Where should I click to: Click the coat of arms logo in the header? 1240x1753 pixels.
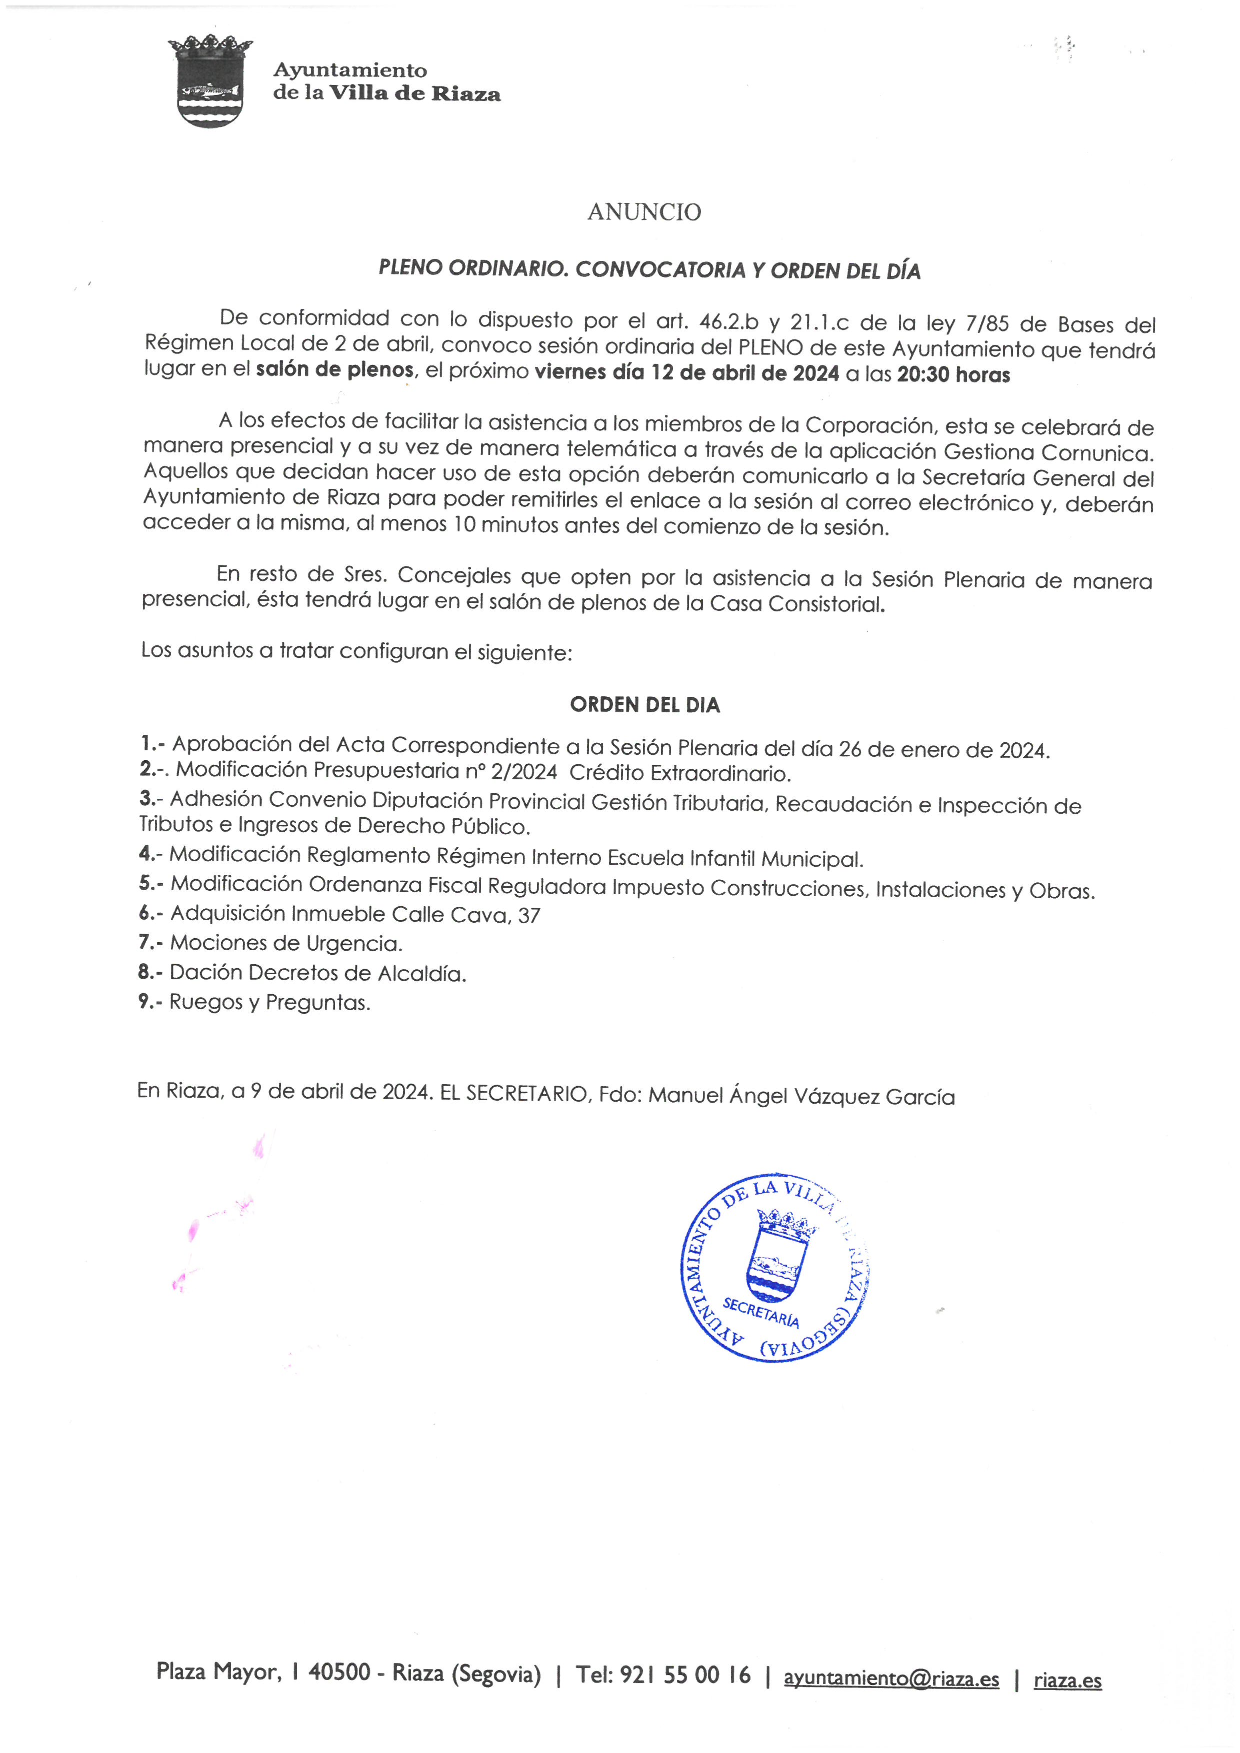(x=210, y=81)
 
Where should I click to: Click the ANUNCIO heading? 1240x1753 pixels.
(x=643, y=212)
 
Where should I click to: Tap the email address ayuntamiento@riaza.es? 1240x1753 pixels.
(x=891, y=1679)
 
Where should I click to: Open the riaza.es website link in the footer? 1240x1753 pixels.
(x=1067, y=1681)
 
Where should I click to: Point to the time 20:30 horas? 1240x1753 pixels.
(x=953, y=375)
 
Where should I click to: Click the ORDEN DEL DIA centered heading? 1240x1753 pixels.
(x=644, y=705)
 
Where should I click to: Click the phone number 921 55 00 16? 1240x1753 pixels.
(x=685, y=1676)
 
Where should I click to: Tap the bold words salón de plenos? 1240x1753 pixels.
(x=334, y=370)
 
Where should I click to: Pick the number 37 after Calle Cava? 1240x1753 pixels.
(x=529, y=915)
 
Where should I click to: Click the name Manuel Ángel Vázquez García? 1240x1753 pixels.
(x=801, y=1096)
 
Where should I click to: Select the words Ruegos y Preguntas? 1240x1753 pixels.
(x=269, y=1003)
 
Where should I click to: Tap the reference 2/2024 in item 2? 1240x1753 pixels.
(x=524, y=772)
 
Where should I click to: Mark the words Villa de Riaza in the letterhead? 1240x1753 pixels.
(x=414, y=94)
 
